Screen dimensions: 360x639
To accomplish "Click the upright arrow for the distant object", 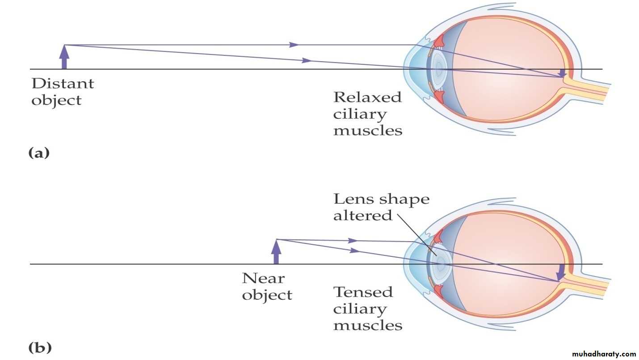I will pyautogui.click(x=64, y=57).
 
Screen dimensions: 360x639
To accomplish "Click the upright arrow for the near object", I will pyautogui.click(x=276, y=252).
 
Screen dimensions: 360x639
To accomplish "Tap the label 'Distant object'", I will pyautogui.click(x=62, y=92).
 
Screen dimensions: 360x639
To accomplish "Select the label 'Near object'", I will pyautogui.click(x=267, y=286).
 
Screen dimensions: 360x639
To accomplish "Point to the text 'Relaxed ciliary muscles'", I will pyautogui.click(x=367, y=113).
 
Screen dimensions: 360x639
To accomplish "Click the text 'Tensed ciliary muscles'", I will pyautogui.click(x=367, y=308).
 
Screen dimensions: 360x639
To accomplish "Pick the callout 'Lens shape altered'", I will pyautogui.click(x=381, y=207).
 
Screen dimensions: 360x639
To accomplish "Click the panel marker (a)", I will pyautogui.click(x=39, y=153).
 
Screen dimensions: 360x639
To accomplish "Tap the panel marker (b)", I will pyautogui.click(x=39, y=347).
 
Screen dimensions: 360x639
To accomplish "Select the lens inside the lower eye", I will pyautogui.click(x=440, y=264).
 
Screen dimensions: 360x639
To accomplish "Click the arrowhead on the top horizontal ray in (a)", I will pyautogui.click(x=294, y=45).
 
